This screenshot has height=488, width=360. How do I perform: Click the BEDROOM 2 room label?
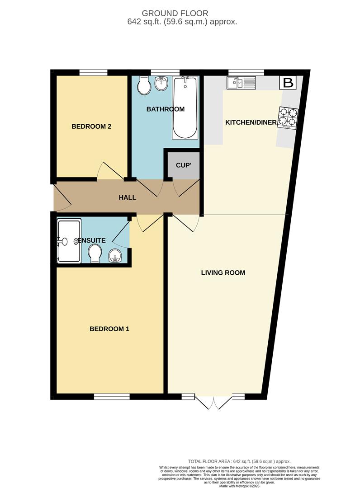point(91,127)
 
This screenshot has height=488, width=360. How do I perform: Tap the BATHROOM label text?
point(166,109)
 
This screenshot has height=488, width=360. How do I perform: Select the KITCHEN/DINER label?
point(251,122)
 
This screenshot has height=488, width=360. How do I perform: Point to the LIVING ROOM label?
point(223,272)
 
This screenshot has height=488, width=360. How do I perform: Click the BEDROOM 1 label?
point(109,329)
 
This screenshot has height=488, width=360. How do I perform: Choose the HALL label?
point(128,197)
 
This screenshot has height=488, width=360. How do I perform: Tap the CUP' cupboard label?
point(184,165)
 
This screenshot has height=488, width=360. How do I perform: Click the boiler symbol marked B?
point(288,83)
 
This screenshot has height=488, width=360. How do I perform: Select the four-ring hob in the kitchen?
point(288,117)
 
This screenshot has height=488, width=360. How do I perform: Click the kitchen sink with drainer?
point(241,83)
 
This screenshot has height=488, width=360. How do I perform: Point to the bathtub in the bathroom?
point(185,108)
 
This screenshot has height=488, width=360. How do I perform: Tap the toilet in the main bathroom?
point(144,85)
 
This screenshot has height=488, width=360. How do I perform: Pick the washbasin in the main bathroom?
point(161,84)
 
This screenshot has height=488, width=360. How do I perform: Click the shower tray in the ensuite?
point(69,240)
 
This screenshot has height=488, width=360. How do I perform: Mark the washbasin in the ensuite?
point(115,257)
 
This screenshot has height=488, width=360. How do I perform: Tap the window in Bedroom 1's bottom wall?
point(112,397)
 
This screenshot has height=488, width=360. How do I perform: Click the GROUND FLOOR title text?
point(175,14)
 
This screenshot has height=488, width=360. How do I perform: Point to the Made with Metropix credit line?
point(239,485)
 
